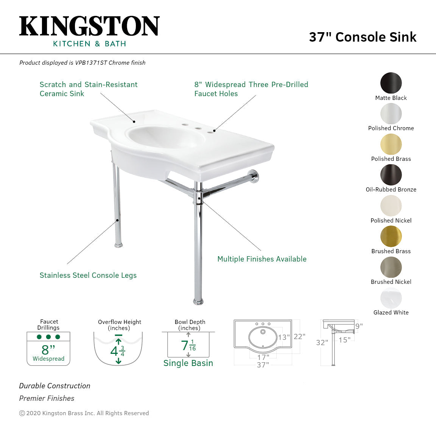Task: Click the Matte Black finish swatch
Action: coord(391,83)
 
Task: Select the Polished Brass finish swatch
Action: coord(391,144)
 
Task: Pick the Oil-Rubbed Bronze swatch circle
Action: coord(391,175)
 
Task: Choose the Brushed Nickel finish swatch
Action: coord(391,267)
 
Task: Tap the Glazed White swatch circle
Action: coord(391,298)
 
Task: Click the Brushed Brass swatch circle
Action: coord(391,237)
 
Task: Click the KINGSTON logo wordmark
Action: coord(89,26)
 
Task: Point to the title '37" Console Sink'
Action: coord(363,37)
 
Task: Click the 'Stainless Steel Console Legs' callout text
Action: coord(88,276)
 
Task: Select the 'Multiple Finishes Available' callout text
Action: coord(262,259)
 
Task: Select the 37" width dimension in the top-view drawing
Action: coord(263,365)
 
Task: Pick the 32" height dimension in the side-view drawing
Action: coord(322,343)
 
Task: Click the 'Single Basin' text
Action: coord(188,363)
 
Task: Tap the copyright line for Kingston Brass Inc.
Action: coord(84,413)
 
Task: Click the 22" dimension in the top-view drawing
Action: coord(299,336)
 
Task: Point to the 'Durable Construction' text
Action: coord(55,386)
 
